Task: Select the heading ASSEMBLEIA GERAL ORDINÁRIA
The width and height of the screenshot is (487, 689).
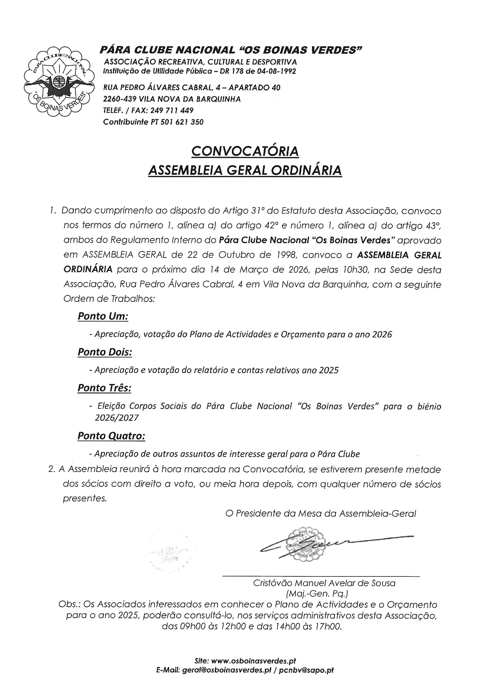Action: [x=245, y=170]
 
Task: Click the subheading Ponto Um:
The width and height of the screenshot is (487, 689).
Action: [x=103, y=316]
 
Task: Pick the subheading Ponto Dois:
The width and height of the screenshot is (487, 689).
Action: [x=105, y=352]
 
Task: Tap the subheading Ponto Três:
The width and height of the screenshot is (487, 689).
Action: [x=104, y=388]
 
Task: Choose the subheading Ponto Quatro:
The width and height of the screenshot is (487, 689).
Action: [x=111, y=436]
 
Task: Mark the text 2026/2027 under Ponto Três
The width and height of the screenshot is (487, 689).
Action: [x=117, y=418]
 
